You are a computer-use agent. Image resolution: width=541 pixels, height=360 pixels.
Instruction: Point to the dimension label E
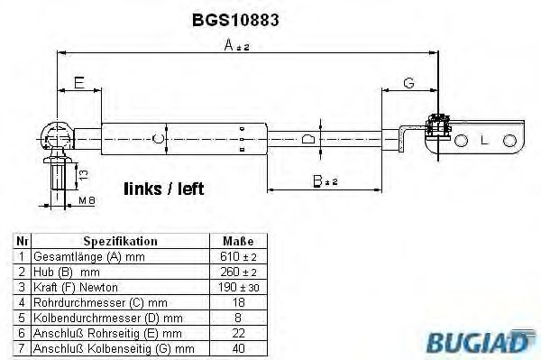(79, 83)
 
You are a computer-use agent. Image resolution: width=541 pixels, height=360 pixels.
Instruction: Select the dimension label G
(408, 83)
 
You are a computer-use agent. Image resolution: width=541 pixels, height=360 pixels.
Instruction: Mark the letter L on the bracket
(485, 141)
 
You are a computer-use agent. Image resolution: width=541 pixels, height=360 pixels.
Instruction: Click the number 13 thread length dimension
(83, 172)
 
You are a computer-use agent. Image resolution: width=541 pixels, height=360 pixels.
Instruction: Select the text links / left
(163, 189)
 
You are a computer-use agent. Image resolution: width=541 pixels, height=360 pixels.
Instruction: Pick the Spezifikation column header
(120, 242)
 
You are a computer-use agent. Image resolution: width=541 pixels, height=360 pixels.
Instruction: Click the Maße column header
(237, 242)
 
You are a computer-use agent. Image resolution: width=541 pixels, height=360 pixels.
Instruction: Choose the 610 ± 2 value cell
(237, 256)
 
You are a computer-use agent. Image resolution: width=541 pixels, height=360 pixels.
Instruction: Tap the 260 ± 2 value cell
(237, 272)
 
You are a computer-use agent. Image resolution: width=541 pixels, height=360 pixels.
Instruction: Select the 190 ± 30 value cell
(237, 287)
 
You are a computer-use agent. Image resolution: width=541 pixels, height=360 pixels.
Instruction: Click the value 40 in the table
(237, 347)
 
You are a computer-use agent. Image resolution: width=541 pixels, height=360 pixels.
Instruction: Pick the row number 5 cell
(19, 318)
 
